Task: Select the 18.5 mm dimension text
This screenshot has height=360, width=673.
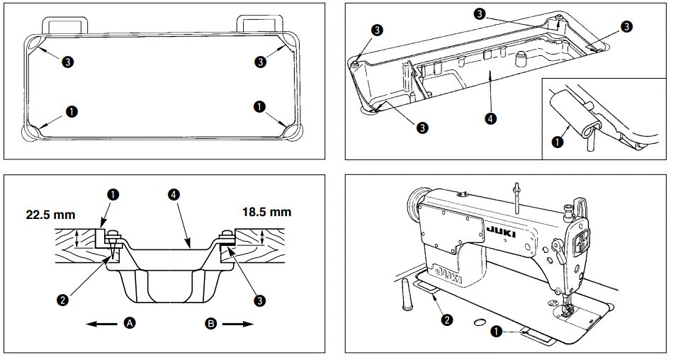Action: click(266, 212)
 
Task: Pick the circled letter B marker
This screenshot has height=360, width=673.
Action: click(211, 322)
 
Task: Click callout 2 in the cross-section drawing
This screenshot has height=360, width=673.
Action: click(64, 300)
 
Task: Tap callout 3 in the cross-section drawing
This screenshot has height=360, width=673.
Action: click(261, 300)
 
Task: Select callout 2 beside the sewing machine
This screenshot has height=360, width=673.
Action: click(446, 320)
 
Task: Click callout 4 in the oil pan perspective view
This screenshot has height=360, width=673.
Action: click(491, 118)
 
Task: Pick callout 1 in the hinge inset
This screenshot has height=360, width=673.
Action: click(558, 141)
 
